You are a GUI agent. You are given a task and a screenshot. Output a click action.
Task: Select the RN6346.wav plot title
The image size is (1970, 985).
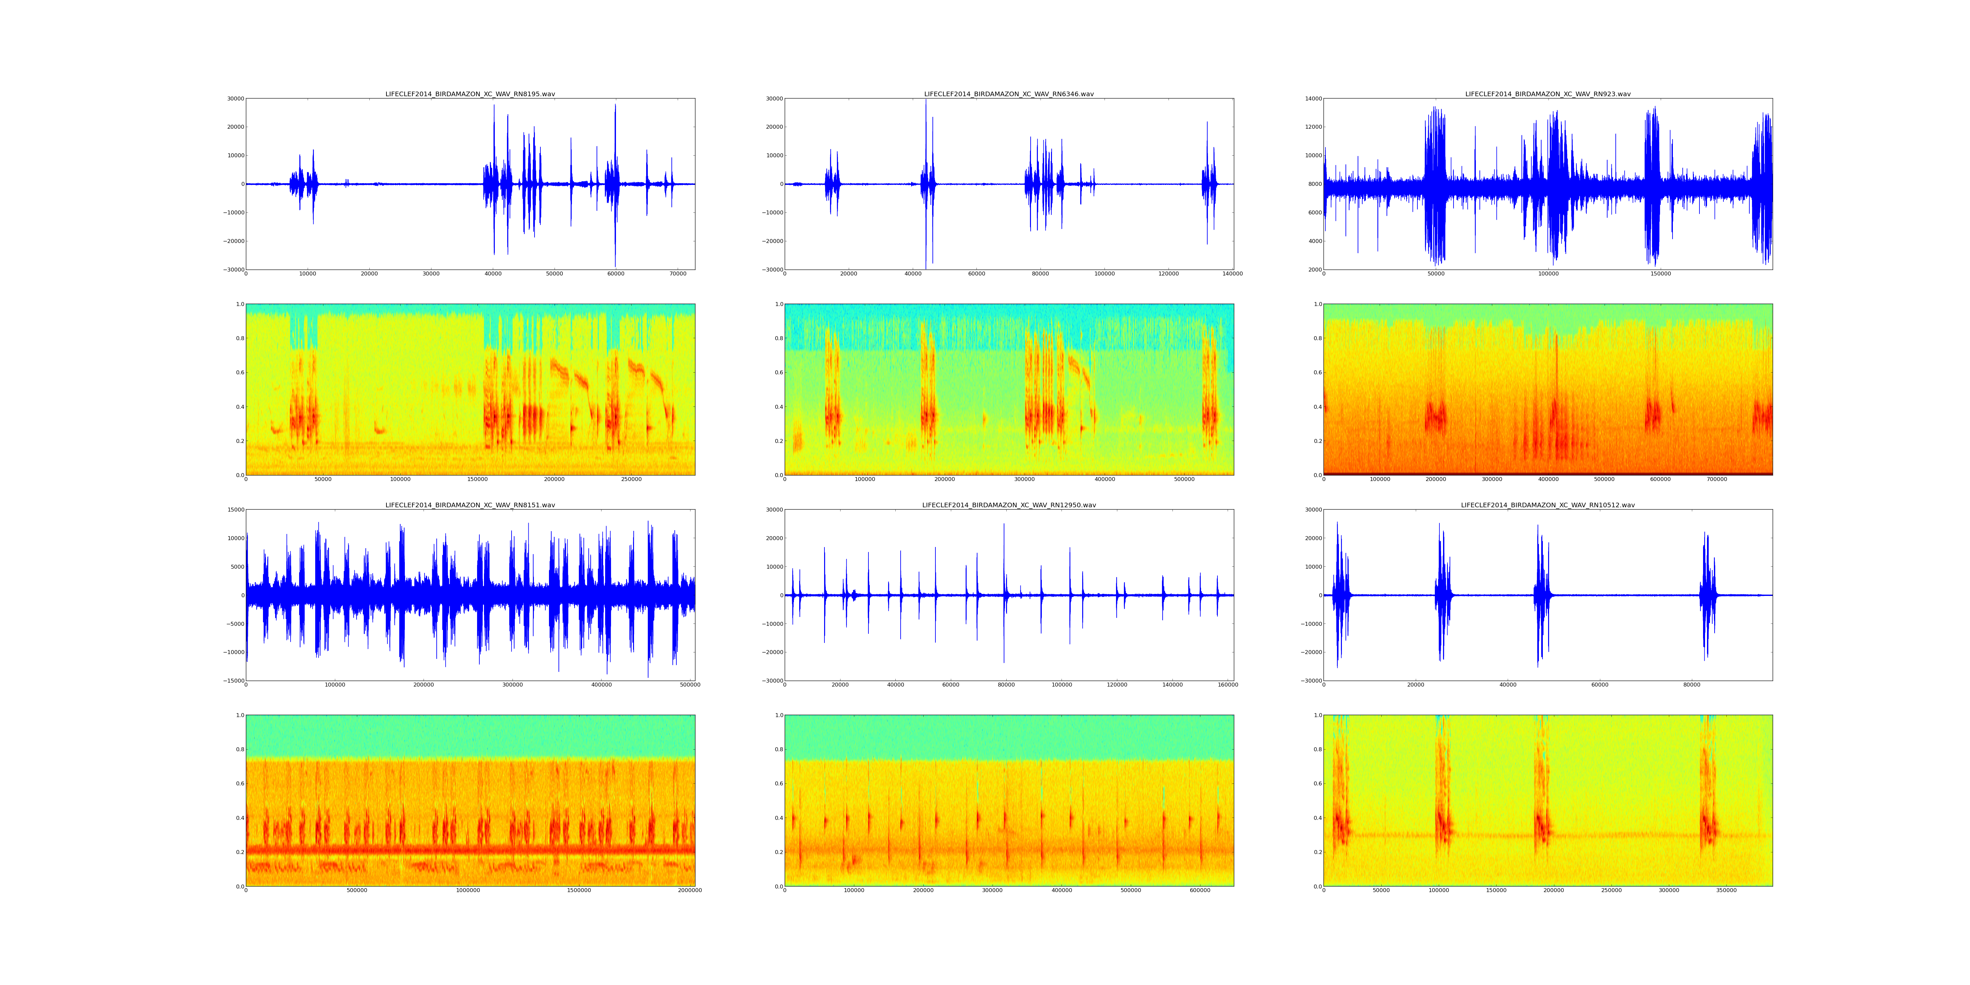(x=1009, y=94)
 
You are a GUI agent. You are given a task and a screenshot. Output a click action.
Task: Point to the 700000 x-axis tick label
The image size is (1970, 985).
(x=1717, y=479)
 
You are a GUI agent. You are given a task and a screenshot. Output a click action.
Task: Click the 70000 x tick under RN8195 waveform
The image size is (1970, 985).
(x=678, y=274)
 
